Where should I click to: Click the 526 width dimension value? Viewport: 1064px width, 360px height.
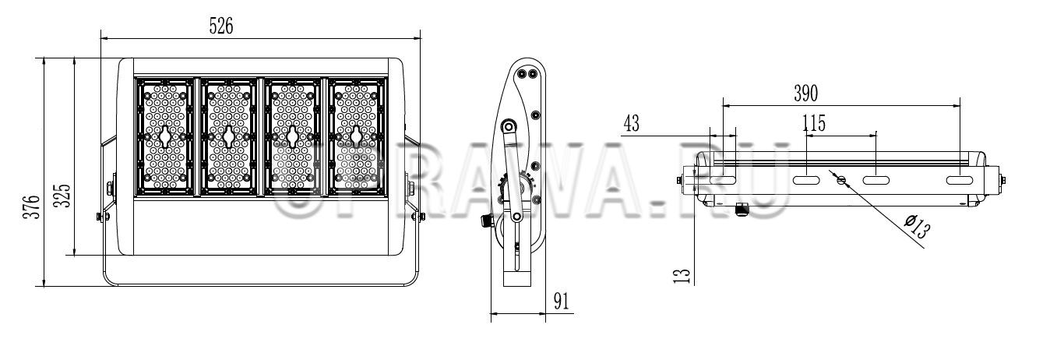[x=221, y=26]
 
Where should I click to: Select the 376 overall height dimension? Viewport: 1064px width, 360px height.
[x=32, y=207]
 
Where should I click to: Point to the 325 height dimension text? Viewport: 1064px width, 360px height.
[x=62, y=196]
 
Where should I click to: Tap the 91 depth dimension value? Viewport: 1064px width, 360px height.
[x=561, y=301]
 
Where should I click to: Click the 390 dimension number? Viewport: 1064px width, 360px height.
[x=806, y=93]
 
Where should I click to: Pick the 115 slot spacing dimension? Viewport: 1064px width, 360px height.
[x=814, y=123]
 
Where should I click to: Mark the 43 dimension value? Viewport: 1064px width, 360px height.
[x=631, y=123]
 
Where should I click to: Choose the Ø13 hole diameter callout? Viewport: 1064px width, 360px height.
[x=916, y=227]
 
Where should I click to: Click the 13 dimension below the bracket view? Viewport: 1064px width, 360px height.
[x=682, y=276]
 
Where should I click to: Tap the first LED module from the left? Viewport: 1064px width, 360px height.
[x=165, y=137]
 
